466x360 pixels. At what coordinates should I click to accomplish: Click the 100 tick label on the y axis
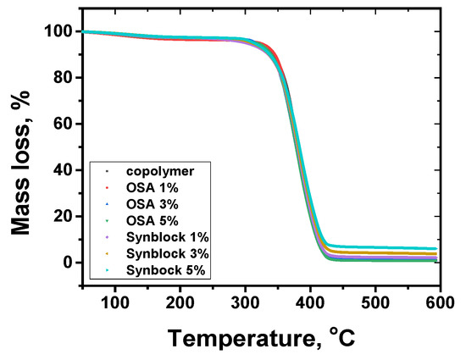(x=55, y=32)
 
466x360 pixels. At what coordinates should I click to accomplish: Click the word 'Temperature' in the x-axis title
(x=238, y=338)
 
